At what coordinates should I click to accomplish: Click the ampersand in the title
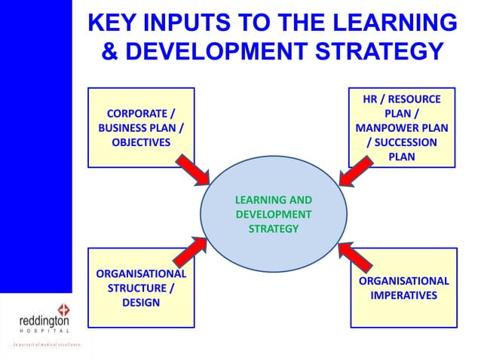[109, 53]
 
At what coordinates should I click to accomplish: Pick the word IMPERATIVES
[403, 295]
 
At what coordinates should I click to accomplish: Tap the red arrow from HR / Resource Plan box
[355, 172]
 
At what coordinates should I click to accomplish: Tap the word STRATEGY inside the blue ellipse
[274, 228]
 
